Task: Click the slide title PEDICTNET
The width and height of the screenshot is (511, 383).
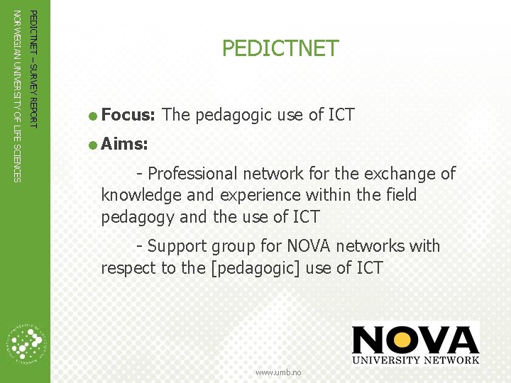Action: click(280, 48)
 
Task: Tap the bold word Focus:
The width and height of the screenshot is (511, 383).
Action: click(128, 115)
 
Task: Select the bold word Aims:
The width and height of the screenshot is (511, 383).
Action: click(124, 145)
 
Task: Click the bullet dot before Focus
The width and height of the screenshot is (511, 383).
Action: click(93, 116)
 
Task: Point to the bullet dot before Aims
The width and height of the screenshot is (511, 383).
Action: click(93, 145)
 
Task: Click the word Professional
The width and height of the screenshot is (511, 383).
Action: click(192, 174)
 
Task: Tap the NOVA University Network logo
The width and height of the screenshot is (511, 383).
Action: click(415, 345)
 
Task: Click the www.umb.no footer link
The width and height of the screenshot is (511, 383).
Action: click(278, 372)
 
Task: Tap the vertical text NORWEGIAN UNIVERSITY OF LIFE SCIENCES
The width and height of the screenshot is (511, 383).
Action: click(18, 94)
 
